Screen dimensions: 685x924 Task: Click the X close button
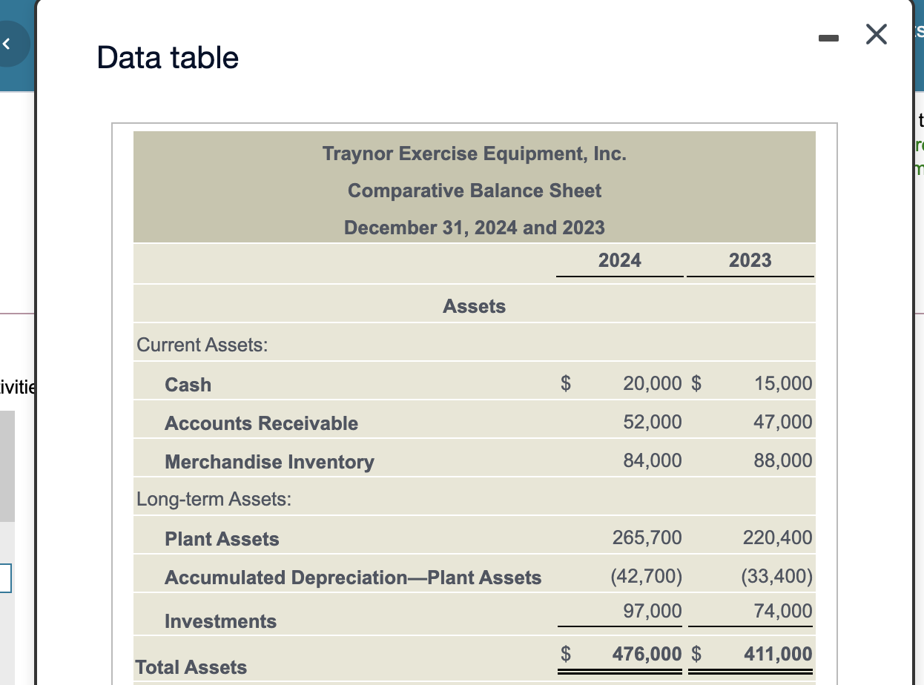(x=876, y=35)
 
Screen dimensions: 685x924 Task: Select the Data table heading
(x=168, y=57)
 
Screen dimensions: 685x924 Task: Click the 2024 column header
(x=620, y=260)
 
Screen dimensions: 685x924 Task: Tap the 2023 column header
(x=750, y=260)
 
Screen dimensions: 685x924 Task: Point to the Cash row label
(x=188, y=385)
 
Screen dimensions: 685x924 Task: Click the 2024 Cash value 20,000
(x=652, y=383)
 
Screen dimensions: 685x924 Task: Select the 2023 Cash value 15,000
(x=783, y=383)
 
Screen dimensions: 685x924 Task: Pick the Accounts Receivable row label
(x=261, y=423)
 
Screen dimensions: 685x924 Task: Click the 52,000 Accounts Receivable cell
(x=652, y=422)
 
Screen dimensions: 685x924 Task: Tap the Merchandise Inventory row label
(x=269, y=462)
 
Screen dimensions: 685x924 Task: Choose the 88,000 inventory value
(x=783, y=460)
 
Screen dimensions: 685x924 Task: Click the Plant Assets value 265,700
(x=647, y=537)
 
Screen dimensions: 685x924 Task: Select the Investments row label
(x=220, y=621)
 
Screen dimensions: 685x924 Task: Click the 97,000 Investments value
(x=652, y=611)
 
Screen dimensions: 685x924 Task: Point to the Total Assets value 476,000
(x=647, y=654)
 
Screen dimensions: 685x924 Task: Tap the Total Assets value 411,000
(x=778, y=654)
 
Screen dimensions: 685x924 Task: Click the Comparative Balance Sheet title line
(x=475, y=191)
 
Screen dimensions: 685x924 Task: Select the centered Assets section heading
(x=474, y=306)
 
